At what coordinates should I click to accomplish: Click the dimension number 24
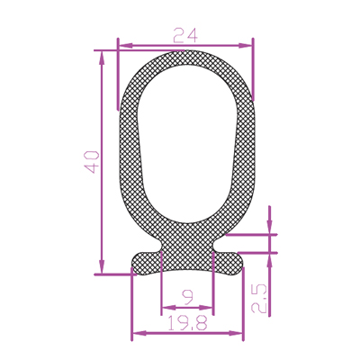coord(185,35)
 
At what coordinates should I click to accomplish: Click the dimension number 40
coord(92,162)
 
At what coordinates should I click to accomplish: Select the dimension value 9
coord(188,298)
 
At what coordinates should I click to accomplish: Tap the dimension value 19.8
coord(187,323)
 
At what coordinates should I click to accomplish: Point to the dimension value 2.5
coord(258,299)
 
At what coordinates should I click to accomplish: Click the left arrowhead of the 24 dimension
coord(126,46)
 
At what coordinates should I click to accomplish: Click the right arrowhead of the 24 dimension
coord(245,46)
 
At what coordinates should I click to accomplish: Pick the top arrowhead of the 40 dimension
coord(102,58)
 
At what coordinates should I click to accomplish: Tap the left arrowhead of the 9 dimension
coord(168,308)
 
